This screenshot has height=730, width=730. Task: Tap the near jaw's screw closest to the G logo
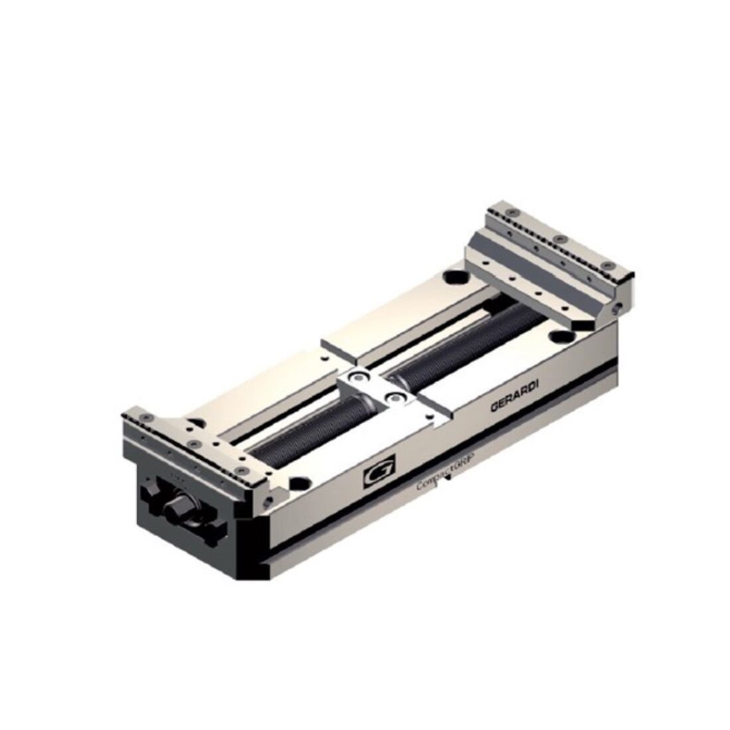click(244, 469)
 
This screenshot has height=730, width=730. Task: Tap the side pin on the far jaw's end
click(619, 306)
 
